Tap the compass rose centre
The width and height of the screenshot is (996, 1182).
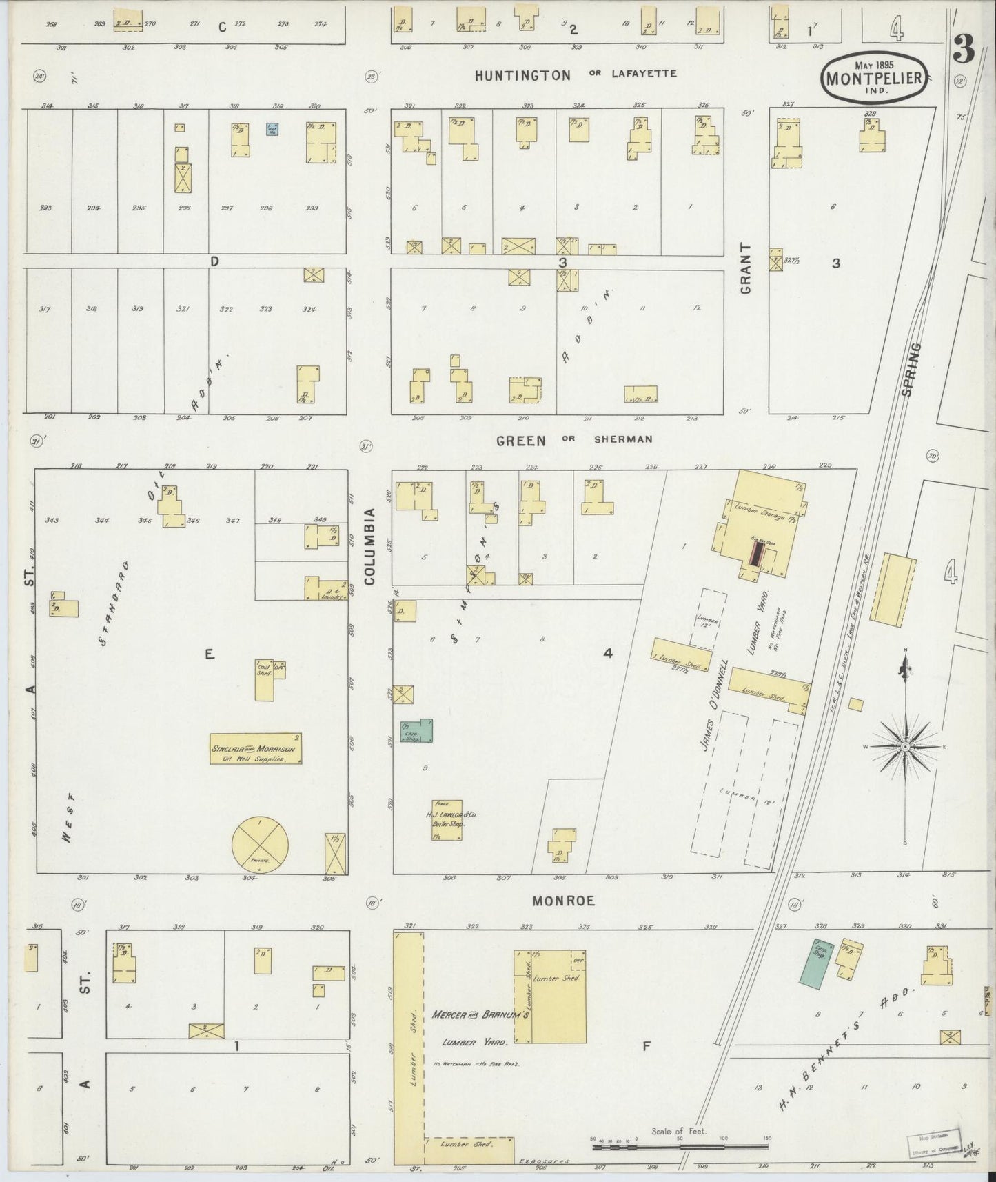[905, 747]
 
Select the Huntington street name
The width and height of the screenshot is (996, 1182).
[522, 75]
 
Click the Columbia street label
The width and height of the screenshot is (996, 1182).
[369, 547]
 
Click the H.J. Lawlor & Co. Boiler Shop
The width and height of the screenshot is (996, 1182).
[447, 819]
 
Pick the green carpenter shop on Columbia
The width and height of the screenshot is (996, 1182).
[416, 731]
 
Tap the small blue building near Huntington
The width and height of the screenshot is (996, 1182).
[272, 128]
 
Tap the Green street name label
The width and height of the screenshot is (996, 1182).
[521, 440]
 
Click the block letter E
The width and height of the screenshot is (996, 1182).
[210, 655]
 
